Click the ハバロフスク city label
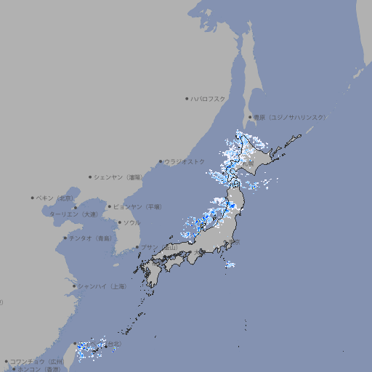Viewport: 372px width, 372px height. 209,98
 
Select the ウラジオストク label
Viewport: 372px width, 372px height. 185,161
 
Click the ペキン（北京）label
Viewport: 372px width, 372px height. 55,198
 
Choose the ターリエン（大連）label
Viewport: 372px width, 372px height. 73,214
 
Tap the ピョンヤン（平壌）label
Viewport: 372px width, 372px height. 138,206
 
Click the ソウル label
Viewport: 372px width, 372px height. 132,222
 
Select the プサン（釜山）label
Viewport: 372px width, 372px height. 159,247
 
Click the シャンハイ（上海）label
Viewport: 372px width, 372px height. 101,286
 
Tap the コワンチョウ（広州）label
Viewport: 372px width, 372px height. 36,361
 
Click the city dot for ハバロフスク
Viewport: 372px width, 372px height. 187,98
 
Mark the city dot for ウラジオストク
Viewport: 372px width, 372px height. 161,161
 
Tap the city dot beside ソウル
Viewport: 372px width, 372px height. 119,222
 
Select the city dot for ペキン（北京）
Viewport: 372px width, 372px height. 32,198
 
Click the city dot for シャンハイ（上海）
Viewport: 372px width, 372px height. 74,286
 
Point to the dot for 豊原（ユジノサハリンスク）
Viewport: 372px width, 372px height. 250,117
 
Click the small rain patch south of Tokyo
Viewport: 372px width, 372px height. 230,264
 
